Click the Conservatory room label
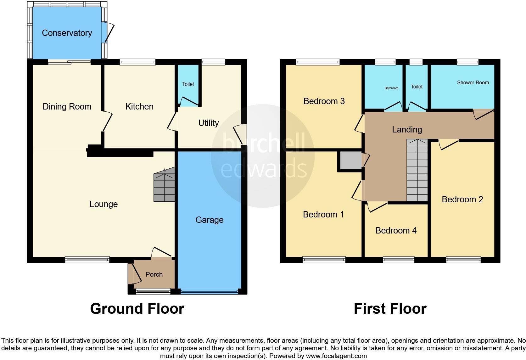[67, 33]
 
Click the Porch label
[154, 274]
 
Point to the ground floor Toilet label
[188, 84]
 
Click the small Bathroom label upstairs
[391, 88]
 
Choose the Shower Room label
[473, 83]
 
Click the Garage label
[209, 220]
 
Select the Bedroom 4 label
[396, 231]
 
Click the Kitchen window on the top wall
[137, 62]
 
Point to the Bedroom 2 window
[463, 260]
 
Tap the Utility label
[208, 123]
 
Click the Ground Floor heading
[137, 309]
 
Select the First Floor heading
[390, 309]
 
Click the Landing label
[407, 130]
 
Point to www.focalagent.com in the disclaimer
[336, 356]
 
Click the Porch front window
[153, 292]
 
